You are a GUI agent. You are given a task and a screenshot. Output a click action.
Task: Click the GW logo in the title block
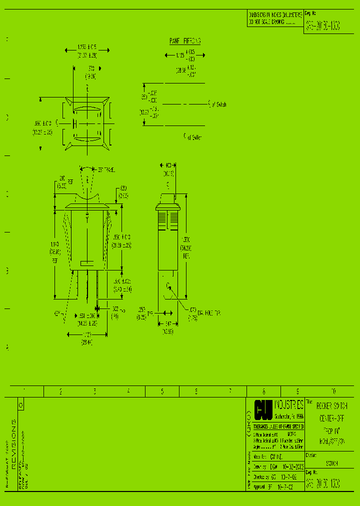tap(263, 409)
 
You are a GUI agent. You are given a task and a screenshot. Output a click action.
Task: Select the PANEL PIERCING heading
tap(185, 41)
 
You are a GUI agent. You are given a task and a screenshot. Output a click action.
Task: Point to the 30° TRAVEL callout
tap(106, 170)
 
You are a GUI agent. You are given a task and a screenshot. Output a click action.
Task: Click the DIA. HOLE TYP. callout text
tap(209, 313)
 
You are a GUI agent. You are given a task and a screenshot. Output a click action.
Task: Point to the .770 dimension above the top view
tap(90, 72)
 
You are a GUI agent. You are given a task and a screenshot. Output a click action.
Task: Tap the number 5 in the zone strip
tap(162, 391)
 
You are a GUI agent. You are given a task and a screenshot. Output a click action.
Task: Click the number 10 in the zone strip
tap(333, 391)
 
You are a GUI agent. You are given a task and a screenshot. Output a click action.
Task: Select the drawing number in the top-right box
tap(323, 25)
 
